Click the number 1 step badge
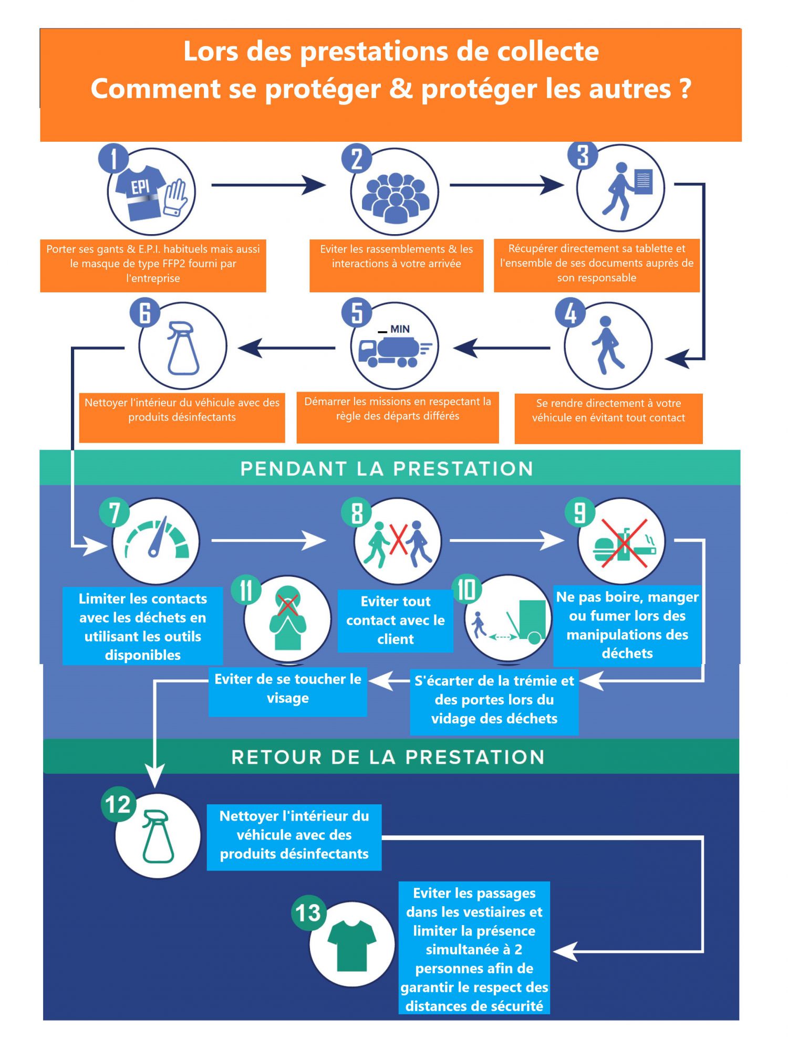(x=113, y=158)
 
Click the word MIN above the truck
(x=400, y=329)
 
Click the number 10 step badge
(x=466, y=589)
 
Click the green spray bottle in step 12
(x=157, y=836)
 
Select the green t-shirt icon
(x=351, y=946)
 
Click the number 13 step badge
(x=307, y=912)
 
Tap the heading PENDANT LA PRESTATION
(x=387, y=468)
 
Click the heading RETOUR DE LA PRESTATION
(x=388, y=757)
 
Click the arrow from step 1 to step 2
(x=268, y=185)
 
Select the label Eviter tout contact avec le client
(x=395, y=621)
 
